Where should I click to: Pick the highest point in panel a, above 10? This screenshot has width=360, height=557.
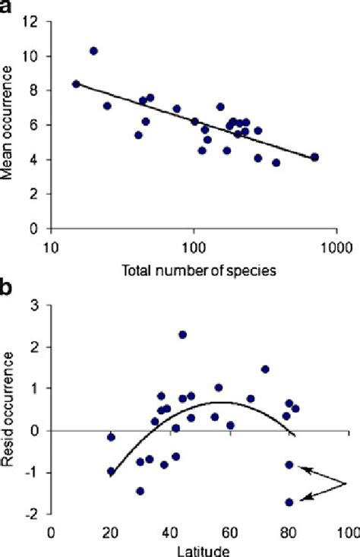[x=93, y=51]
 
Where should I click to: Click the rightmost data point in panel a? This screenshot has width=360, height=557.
[x=314, y=157]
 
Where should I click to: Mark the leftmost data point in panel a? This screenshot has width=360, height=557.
[x=76, y=84]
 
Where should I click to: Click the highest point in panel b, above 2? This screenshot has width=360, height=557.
[x=183, y=334]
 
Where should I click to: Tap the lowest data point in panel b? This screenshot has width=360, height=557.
[x=289, y=502]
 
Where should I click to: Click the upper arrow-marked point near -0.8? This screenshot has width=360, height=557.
[x=289, y=464]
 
